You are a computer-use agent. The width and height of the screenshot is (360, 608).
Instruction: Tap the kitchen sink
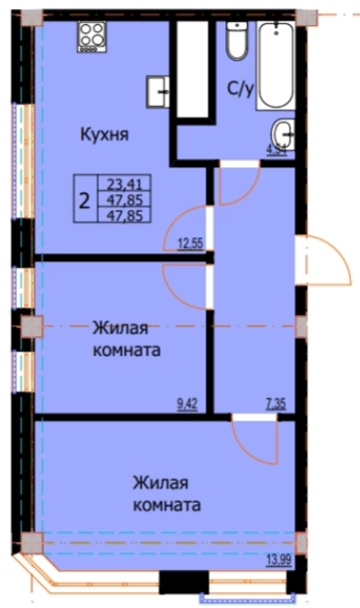point(159,90)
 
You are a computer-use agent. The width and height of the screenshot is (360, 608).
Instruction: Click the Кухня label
point(106,134)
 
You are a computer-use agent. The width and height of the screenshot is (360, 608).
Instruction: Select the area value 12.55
point(189,242)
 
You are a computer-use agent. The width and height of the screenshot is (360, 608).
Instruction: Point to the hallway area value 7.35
point(278,404)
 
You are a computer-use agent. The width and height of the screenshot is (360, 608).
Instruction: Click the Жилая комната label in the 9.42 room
point(127,339)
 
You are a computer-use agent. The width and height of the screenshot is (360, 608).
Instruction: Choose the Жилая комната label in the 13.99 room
point(166,492)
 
